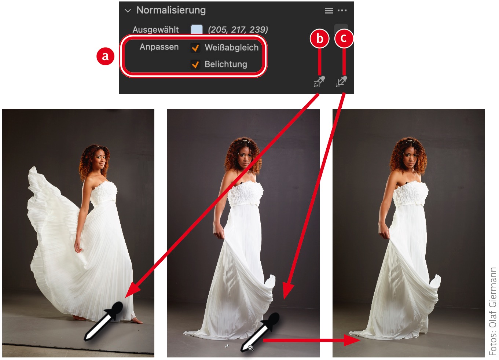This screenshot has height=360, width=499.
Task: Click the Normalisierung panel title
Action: [x=171, y=10]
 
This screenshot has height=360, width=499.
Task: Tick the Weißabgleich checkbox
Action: [x=195, y=48]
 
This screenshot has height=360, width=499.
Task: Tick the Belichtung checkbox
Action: [x=195, y=65]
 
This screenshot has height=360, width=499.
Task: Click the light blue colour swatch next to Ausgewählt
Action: [x=197, y=29]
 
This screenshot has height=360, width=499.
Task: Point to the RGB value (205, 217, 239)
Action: [x=238, y=29]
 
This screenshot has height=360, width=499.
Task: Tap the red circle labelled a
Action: [x=105, y=56]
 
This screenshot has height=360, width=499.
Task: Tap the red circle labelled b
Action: [x=320, y=38]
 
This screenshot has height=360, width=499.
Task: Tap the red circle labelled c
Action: [x=344, y=38]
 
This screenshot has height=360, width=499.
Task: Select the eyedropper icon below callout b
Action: [x=319, y=81]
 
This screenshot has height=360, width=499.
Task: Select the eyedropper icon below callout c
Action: [x=341, y=81]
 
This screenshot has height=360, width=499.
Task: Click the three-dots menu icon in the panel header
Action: [x=342, y=11]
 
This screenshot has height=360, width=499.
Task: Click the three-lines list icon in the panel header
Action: [x=329, y=11]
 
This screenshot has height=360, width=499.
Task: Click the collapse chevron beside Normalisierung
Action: [x=128, y=11]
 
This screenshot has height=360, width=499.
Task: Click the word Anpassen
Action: [x=159, y=47]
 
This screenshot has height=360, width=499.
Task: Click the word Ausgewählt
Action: [x=155, y=29]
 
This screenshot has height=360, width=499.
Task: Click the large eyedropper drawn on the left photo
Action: [x=104, y=321]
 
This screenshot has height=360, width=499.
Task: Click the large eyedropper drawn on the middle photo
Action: [x=260, y=332]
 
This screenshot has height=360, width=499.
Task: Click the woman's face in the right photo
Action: [x=410, y=158]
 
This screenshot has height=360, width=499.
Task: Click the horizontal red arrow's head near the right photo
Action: [x=352, y=340]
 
